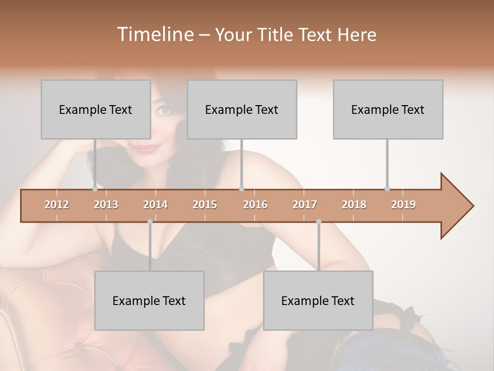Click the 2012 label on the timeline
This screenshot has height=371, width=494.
57,205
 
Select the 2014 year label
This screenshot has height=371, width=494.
155,205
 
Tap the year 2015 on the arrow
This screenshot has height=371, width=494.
205,205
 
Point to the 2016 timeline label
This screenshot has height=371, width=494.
255,205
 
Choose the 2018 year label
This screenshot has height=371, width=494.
354,205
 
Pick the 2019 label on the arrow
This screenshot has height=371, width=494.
403,205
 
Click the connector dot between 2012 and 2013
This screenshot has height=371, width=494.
95,189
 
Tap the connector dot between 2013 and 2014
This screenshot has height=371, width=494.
150,222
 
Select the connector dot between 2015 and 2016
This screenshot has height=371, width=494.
241,189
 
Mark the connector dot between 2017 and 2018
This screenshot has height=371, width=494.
319,222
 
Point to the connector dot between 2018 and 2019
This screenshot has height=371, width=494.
387,189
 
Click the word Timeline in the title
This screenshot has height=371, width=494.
154,35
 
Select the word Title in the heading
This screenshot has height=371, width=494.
276,35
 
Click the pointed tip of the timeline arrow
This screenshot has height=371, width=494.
472,206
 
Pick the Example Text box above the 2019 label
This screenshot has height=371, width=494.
388,109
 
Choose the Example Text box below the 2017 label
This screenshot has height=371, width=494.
318,300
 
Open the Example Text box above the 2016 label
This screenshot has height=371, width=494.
242,109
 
